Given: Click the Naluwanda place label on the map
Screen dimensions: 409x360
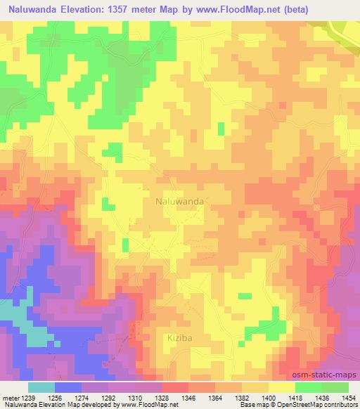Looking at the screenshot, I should pos(179,201).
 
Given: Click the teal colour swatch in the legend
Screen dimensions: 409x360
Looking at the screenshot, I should pos(41,387).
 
